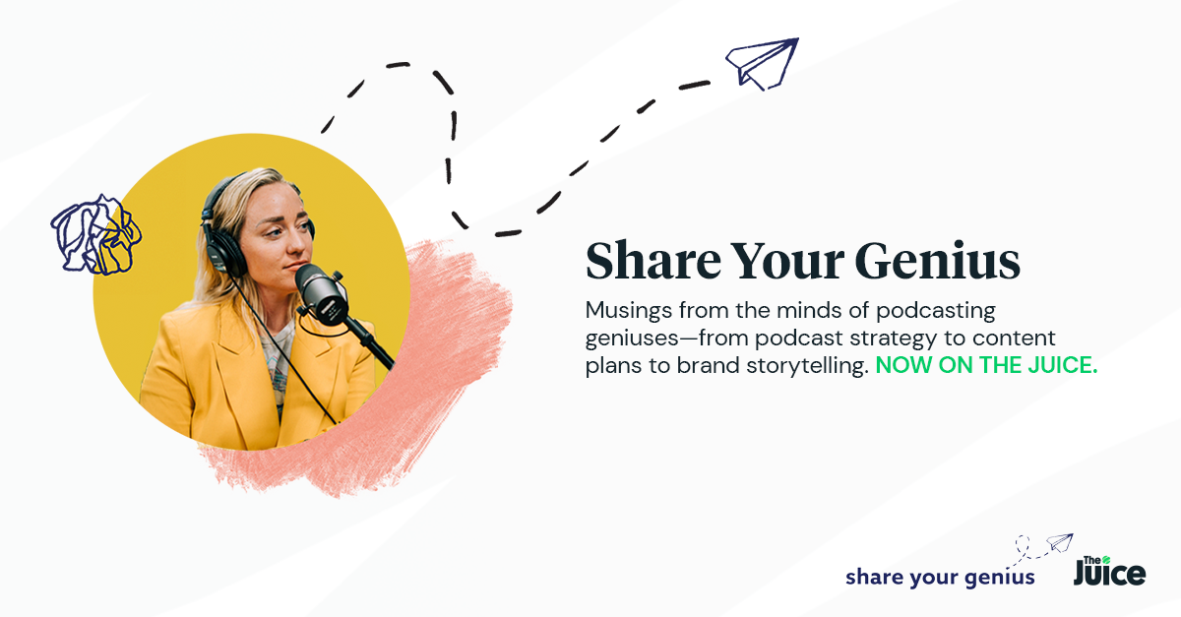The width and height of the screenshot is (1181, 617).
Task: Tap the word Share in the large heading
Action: (x=651, y=262)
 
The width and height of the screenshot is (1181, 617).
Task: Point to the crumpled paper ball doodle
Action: (x=95, y=233)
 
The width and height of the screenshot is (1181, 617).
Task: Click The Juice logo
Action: (x=1109, y=568)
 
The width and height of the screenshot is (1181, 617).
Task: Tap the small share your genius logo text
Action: (x=939, y=577)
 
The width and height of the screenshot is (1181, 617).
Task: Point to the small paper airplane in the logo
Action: (x=1058, y=542)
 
